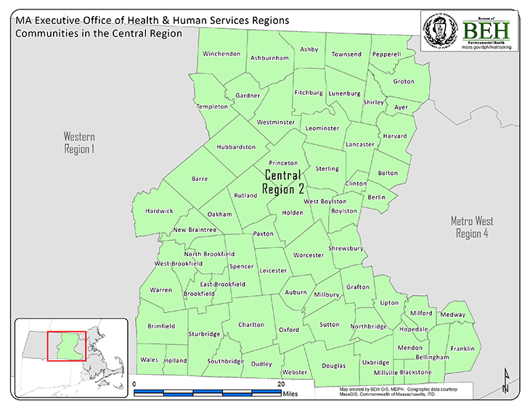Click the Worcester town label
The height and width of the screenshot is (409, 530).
click(x=309, y=255)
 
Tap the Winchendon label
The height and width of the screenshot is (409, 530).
click(x=221, y=54)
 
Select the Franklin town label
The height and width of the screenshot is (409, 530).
click(x=462, y=349)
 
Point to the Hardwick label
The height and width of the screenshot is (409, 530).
click(x=159, y=211)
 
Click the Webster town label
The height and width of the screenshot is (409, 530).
click(x=294, y=372)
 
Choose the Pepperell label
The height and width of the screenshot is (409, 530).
click(x=386, y=54)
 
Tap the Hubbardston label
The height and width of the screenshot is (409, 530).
click(x=236, y=146)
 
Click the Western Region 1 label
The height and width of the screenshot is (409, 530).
click(x=79, y=143)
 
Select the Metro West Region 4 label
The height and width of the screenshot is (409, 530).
click(x=472, y=226)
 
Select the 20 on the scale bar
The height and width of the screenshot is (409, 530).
click(x=281, y=384)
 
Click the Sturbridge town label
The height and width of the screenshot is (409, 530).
click(x=204, y=334)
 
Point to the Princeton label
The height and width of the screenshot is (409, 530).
click(x=283, y=163)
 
